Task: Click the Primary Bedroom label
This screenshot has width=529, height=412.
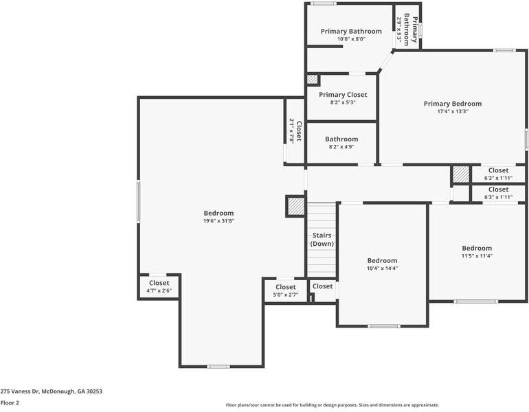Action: (x=452, y=104)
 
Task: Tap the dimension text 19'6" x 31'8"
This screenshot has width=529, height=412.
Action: (x=218, y=221)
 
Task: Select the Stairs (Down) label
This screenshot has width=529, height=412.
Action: (x=322, y=240)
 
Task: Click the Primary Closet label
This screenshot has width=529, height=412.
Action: (x=342, y=95)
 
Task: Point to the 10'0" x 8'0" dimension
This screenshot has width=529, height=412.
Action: (x=350, y=39)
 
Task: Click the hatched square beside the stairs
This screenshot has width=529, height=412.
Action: (x=295, y=206)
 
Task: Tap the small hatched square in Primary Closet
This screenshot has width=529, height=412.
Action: (x=313, y=80)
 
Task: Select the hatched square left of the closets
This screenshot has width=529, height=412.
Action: (x=460, y=174)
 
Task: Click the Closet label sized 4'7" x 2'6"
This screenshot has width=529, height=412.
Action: (x=159, y=282)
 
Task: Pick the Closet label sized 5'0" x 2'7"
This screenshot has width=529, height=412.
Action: (x=286, y=287)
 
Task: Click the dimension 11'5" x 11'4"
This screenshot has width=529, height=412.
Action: (x=476, y=256)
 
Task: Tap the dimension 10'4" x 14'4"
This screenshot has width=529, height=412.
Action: (x=382, y=268)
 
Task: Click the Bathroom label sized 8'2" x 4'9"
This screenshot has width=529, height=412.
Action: (x=341, y=139)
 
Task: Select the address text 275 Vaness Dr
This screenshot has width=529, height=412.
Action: (x=52, y=391)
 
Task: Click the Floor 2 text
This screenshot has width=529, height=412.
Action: (x=10, y=403)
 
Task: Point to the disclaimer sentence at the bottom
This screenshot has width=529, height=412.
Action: (x=333, y=405)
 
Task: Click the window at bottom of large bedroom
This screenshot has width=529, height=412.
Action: (x=218, y=366)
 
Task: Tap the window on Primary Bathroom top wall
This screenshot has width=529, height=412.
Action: (x=324, y=3)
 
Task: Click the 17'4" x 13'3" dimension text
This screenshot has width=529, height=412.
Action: (x=452, y=111)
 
